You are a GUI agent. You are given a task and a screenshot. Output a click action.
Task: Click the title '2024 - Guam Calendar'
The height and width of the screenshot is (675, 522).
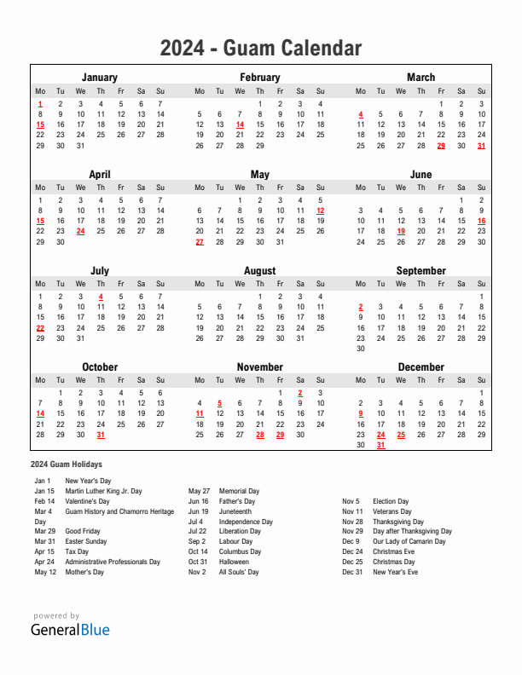(x=260, y=49)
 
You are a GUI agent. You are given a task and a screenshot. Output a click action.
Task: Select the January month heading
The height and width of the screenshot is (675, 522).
(x=100, y=77)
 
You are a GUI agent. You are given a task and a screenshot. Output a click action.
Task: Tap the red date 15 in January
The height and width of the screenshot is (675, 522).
(x=40, y=124)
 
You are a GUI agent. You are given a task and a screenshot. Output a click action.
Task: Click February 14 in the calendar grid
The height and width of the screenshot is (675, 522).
(x=240, y=124)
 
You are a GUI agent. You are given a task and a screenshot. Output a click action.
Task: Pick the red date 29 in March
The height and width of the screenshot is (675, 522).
(x=441, y=146)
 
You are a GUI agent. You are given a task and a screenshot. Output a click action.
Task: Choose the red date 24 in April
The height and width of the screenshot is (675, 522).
(x=80, y=231)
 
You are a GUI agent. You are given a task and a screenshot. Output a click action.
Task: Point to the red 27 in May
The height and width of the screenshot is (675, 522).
(x=200, y=242)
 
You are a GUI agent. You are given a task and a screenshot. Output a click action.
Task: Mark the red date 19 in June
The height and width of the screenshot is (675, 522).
(x=401, y=231)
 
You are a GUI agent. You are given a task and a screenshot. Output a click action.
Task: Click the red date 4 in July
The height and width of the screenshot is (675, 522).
(x=101, y=297)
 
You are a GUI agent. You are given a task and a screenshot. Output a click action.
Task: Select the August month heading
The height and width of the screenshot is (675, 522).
(x=260, y=271)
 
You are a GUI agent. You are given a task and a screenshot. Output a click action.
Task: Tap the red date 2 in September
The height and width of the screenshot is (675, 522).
(x=361, y=307)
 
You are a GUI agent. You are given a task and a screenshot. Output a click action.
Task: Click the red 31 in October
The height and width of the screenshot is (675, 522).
(x=101, y=435)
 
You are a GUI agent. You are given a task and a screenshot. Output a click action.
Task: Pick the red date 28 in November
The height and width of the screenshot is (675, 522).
(x=260, y=435)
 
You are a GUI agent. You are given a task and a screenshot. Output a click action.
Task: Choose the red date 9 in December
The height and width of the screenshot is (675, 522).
(x=361, y=413)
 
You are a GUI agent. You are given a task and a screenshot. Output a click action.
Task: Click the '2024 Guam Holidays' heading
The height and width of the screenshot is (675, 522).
(x=66, y=464)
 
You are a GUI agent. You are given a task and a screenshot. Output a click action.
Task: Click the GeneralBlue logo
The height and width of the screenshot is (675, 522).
(x=70, y=631)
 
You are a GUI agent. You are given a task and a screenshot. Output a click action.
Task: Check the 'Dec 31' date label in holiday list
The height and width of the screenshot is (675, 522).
(x=352, y=572)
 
